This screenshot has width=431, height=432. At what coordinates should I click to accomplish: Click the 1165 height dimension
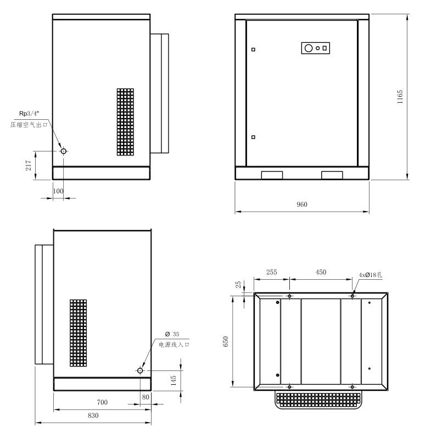pyautogui.click(x=400, y=97)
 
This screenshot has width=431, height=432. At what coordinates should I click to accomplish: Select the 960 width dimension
pyautogui.click(x=302, y=204)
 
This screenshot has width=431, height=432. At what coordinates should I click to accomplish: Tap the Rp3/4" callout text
pyautogui.click(x=29, y=113)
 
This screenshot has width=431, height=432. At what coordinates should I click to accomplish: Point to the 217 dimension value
pyautogui.click(x=29, y=165)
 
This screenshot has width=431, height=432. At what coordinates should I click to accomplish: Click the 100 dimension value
pyautogui.click(x=58, y=191)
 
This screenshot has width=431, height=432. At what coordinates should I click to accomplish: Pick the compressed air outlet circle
pyautogui.click(x=64, y=151)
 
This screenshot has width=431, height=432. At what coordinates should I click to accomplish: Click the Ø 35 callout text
pyautogui.click(x=172, y=334)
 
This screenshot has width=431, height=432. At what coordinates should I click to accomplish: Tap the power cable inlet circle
pyautogui.click(x=140, y=370)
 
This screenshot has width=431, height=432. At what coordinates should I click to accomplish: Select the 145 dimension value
pyautogui.click(x=173, y=380)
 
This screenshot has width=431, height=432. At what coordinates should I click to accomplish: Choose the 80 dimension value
pyautogui.click(x=145, y=397)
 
